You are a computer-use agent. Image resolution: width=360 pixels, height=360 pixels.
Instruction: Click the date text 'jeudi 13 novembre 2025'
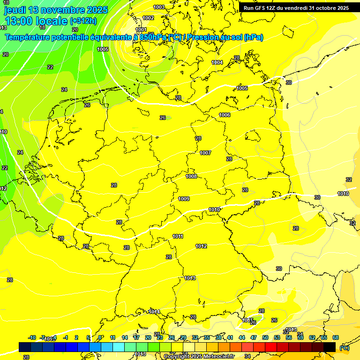coord(56,10)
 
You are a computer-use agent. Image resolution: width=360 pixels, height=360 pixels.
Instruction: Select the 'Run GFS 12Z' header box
coord(296,8)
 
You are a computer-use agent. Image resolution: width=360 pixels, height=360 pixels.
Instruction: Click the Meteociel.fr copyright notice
coord(199,356)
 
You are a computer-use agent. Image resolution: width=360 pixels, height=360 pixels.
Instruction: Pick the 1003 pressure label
coord(159,7)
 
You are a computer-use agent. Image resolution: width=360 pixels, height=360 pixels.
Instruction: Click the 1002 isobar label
coord(148,18)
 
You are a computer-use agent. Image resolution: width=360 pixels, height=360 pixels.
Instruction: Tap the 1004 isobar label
coord(217,62)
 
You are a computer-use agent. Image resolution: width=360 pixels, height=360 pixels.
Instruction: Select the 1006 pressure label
coord(225,115)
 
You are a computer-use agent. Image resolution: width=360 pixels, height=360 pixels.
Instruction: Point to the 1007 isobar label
coord(205,153)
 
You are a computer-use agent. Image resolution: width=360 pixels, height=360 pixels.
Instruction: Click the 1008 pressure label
coord(191,176)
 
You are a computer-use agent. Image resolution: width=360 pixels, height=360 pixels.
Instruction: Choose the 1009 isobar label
coord(184,199)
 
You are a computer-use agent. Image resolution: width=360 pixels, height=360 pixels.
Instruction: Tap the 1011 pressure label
coord(178,236)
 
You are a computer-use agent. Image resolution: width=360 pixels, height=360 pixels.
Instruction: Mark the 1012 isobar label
coord(201,246)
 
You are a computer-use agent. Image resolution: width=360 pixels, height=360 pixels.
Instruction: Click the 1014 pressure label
coord(154,312)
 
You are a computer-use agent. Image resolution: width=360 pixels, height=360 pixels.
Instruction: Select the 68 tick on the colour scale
coord(336,337)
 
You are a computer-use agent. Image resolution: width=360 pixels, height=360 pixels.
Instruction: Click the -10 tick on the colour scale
coord(32,337)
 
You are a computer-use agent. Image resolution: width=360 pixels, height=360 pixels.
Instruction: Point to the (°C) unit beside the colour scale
coord(344,347)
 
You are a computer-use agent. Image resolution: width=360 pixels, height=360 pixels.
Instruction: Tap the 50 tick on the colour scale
coord(265,337)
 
